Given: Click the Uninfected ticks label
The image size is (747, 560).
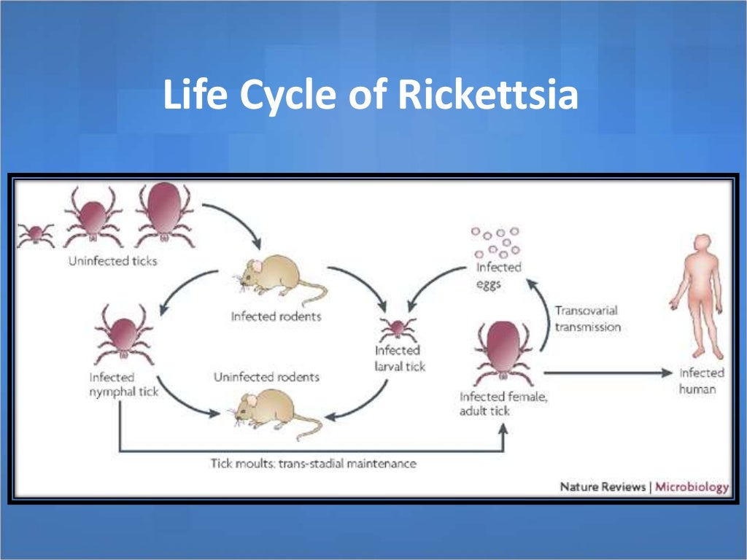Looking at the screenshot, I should coord(112,260).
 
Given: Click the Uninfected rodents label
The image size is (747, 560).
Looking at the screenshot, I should coord(266,377).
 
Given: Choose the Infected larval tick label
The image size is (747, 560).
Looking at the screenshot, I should coord(400,359).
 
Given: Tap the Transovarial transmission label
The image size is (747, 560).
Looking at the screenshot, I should coord(587,319).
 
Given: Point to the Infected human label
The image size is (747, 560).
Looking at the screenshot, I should coord(702,381).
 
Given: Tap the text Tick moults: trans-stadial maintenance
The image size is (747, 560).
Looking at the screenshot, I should coord(314,463).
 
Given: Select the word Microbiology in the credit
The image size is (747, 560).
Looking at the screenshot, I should coord(692,486).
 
